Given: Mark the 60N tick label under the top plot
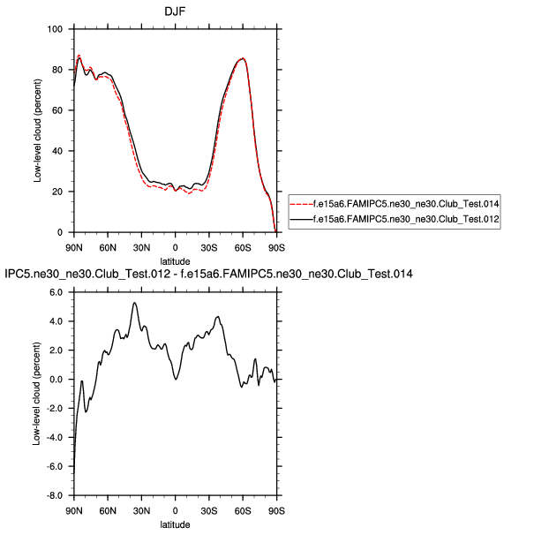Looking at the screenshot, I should click(107, 246).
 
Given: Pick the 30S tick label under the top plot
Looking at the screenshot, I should click(209, 246).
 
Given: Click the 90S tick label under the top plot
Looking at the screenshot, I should click(277, 246).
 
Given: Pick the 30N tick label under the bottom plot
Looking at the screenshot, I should click(141, 510).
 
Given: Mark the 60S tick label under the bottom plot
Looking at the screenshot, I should click(243, 510).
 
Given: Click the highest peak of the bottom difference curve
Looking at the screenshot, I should click(134, 303).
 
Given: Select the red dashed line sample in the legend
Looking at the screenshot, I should click(306, 206).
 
